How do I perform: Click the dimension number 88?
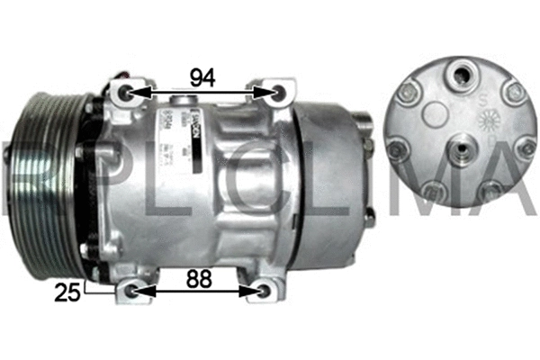pyautogui.click(x=201, y=279)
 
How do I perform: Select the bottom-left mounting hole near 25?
pyautogui.click(x=133, y=291)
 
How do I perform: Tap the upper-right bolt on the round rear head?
pyautogui.click(x=514, y=90)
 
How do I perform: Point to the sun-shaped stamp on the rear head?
pyautogui.click(x=490, y=120)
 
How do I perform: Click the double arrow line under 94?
pyautogui.click(x=202, y=92)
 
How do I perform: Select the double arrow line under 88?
pyautogui.click(x=198, y=291)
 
